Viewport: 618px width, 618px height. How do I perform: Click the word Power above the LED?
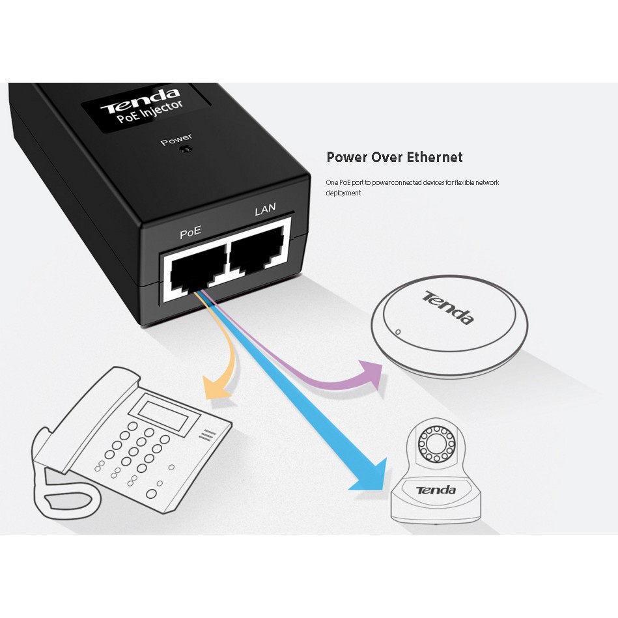(176, 138)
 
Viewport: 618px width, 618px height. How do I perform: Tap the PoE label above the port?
(190, 232)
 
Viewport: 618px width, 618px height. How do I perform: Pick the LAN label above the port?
(265, 209)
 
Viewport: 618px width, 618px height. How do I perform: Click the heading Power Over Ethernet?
(394, 157)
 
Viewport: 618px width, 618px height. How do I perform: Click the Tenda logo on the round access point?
(448, 307)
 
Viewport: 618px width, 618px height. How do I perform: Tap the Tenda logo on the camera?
(436, 490)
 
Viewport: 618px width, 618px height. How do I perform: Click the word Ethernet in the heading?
(435, 157)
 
